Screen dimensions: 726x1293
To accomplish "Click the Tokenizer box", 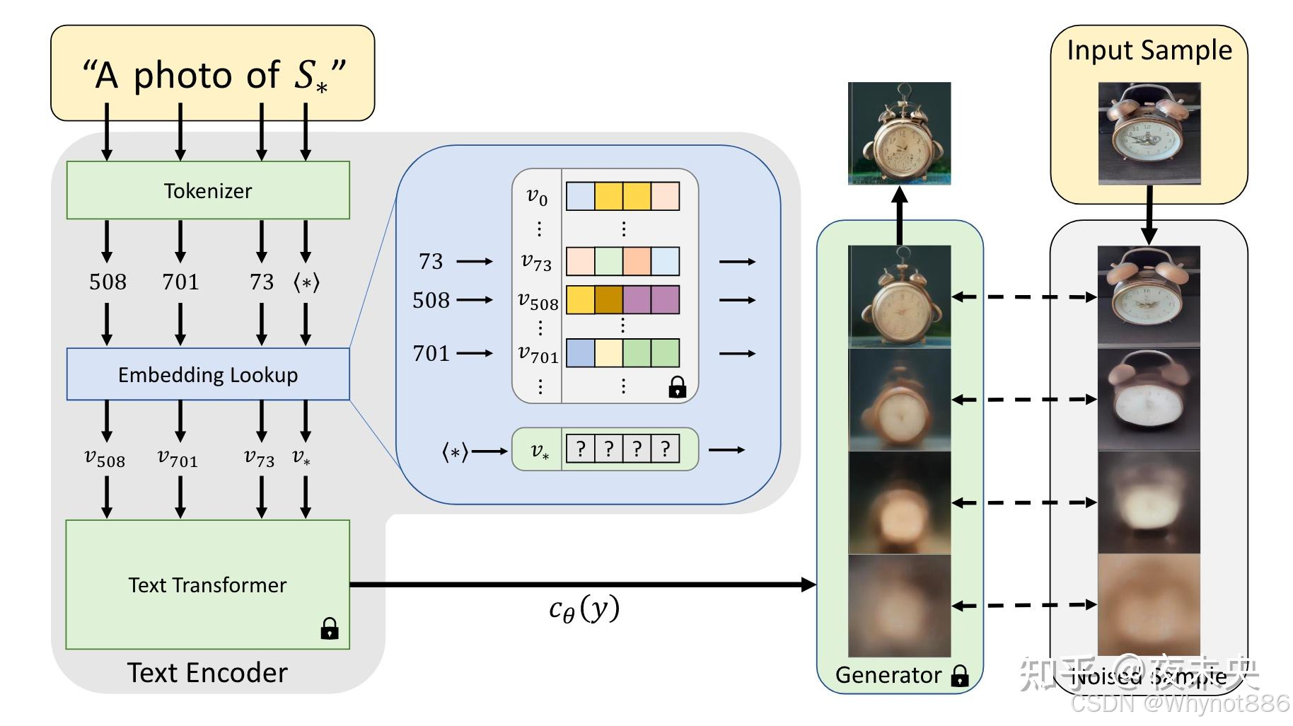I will click(x=208, y=190).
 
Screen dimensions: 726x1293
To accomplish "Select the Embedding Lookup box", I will click(x=208, y=374).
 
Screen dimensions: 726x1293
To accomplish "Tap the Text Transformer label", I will click(x=207, y=585).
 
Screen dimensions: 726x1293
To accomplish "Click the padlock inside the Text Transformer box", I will click(x=330, y=628).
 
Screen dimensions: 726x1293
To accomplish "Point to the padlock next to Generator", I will click(x=960, y=676).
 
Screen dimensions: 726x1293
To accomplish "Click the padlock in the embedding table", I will click(x=677, y=387).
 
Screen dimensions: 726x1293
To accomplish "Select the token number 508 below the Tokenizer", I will click(x=108, y=282).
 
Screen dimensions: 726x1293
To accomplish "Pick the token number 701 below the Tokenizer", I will click(x=180, y=282).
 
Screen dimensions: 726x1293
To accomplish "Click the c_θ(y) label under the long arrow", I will click(x=584, y=609).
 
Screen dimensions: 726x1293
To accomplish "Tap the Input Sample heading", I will click(x=1149, y=50).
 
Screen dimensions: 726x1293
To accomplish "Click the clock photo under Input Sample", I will click(x=1149, y=133).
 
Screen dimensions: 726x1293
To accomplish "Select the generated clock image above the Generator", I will click(x=899, y=133).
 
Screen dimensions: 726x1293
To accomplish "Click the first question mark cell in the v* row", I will click(x=581, y=449).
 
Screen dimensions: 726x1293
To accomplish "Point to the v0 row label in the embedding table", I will click(x=537, y=197).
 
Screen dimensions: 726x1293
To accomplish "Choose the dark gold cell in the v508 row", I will click(x=608, y=299).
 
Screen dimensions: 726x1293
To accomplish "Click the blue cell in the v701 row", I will click(x=580, y=352).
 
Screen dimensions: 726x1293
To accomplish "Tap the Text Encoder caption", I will click(x=207, y=673).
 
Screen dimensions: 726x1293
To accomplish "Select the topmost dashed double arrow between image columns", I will click(x=1024, y=297).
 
